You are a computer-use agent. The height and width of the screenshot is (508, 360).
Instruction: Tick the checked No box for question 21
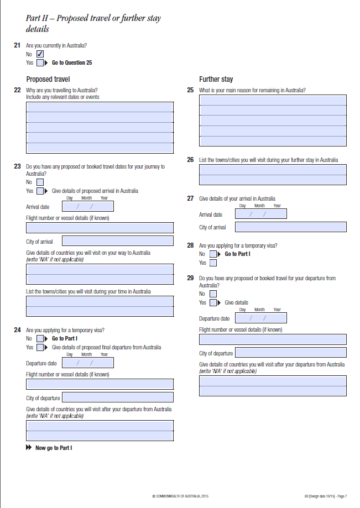click(40, 54)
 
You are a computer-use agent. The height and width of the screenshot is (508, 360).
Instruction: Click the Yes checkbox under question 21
click(40, 63)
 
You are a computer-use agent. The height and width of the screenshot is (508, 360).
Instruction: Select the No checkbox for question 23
click(40, 182)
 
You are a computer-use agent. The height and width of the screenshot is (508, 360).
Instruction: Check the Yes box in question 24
click(40, 348)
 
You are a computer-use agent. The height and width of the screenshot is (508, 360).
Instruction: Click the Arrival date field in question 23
click(88, 206)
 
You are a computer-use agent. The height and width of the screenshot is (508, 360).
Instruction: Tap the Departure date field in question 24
click(88, 363)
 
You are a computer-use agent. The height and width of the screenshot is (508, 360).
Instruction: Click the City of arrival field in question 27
click(291, 227)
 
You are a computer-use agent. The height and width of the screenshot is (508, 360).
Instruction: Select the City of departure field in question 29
click(291, 353)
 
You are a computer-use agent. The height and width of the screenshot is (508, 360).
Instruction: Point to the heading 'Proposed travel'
click(48, 79)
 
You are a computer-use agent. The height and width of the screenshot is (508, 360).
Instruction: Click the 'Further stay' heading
click(216, 79)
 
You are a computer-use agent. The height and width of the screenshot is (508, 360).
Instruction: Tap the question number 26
click(190, 160)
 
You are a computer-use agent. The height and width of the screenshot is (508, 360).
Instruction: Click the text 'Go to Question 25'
click(72, 63)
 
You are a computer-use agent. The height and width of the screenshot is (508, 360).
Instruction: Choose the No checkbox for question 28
click(213, 254)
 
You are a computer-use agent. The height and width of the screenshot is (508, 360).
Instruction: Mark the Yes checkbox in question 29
click(213, 303)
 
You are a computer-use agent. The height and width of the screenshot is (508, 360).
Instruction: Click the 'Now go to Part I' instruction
click(54, 448)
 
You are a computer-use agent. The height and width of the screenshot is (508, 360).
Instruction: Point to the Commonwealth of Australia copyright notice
click(180, 496)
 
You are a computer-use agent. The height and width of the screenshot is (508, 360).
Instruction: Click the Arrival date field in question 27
click(261, 214)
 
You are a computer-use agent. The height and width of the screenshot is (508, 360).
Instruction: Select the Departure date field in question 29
click(261, 318)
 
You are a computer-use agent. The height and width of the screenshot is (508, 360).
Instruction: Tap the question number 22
click(17, 90)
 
